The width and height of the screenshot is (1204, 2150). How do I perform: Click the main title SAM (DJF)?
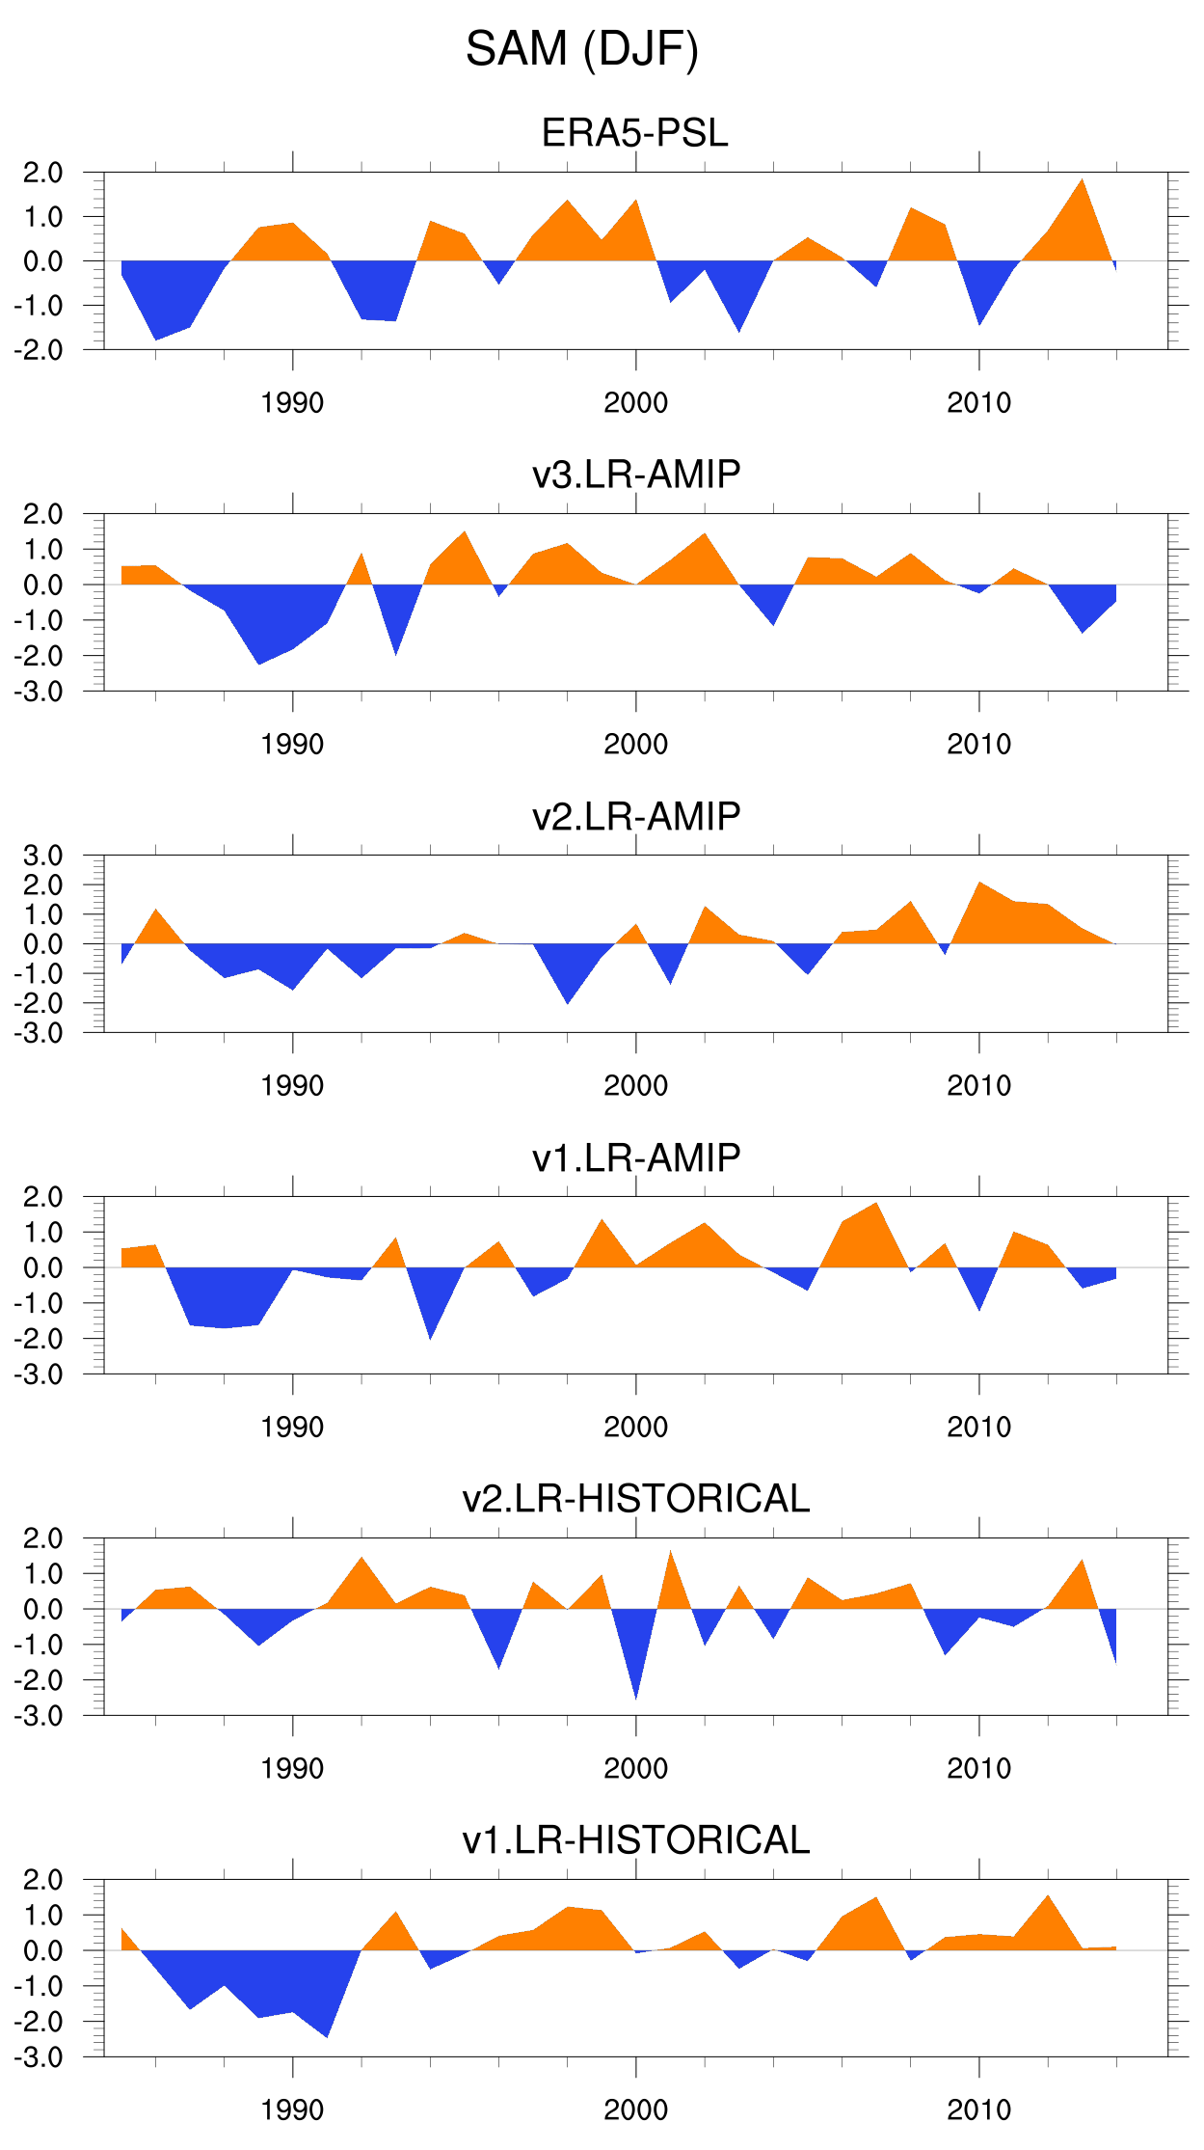click(582, 49)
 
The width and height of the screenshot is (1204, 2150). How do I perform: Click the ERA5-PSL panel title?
click(635, 133)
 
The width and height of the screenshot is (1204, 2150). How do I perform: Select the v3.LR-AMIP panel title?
click(636, 475)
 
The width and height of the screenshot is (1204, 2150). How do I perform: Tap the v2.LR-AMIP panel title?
click(636, 816)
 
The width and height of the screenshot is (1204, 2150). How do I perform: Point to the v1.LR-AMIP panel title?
click(636, 1157)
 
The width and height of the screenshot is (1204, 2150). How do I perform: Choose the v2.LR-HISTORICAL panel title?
click(636, 1499)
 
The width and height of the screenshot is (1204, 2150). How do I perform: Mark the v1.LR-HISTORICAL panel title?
click(636, 1840)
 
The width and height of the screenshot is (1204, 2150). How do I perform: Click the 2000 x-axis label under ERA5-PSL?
click(635, 403)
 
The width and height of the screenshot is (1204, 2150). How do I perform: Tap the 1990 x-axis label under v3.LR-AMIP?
click(292, 745)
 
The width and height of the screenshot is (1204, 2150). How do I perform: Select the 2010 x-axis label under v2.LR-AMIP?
click(978, 1086)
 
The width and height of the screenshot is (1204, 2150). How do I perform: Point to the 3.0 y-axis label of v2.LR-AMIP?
click(43, 856)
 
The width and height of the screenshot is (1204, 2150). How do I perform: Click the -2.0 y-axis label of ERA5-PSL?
click(39, 350)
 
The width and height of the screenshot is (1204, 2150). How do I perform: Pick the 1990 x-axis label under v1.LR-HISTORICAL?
click(292, 2110)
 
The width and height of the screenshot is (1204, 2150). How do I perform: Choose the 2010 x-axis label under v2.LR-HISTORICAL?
click(978, 1769)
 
